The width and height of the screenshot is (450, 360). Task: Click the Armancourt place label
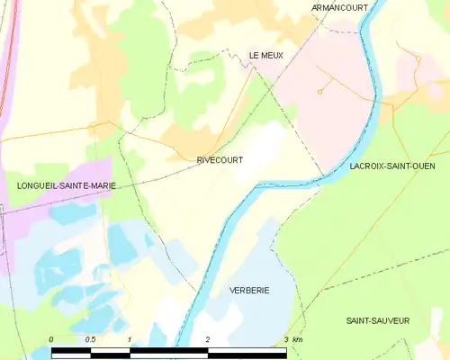click(x=341, y=7)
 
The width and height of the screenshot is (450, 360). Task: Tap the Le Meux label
click(x=265, y=56)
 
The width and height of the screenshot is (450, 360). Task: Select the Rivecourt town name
click(x=220, y=159)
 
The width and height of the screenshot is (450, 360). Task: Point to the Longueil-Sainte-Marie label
click(x=54, y=185)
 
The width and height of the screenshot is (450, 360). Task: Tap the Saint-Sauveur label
click(x=379, y=320)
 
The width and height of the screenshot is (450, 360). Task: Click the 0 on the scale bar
click(x=52, y=339)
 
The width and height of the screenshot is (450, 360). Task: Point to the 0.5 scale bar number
click(x=90, y=339)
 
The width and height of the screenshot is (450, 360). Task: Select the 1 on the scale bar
click(x=130, y=339)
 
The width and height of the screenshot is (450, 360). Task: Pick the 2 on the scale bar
click(x=208, y=339)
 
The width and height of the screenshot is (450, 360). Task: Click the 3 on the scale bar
click(x=286, y=339)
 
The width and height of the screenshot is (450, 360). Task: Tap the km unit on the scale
click(x=298, y=339)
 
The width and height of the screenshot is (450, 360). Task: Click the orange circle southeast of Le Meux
click(x=319, y=91)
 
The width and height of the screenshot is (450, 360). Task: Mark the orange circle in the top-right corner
click(x=418, y=58)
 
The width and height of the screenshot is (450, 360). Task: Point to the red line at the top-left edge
click(x=12, y=54)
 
